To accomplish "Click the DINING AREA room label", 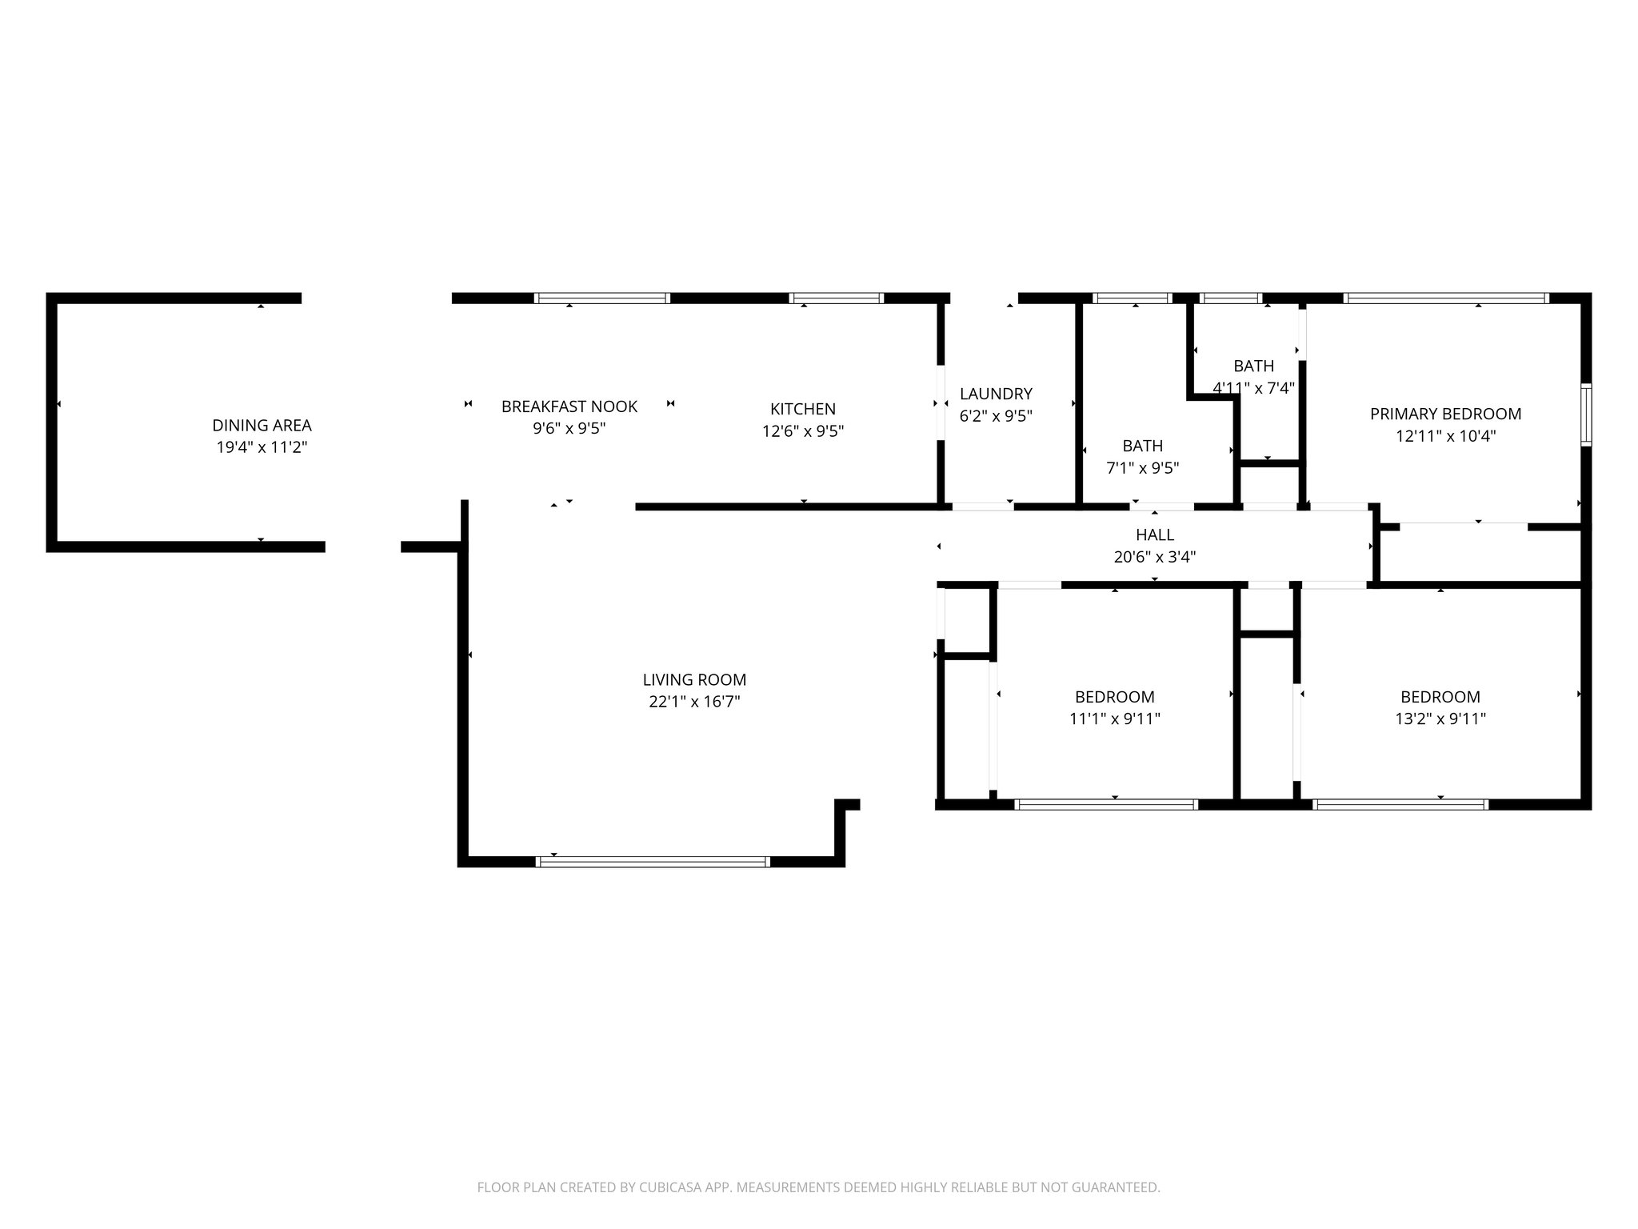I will click(262, 426).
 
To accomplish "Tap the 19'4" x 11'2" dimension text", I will click(262, 447).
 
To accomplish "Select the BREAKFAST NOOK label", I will click(569, 406).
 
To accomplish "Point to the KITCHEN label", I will click(802, 409).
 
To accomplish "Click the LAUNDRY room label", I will click(996, 394).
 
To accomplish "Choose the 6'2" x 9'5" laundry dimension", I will click(996, 416).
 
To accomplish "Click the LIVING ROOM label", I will click(694, 680).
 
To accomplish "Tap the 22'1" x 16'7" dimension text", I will click(694, 702).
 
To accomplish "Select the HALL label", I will click(1154, 534).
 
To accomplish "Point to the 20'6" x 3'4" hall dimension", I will click(1154, 557).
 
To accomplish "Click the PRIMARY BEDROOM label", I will click(1445, 414).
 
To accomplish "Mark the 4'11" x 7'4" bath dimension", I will click(1253, 388).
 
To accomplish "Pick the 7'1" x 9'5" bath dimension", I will click(1142, 468).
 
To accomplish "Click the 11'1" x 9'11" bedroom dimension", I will click(1114, 719).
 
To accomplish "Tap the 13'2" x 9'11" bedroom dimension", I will click(1440, 719).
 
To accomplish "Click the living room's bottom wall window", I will click(652, 862).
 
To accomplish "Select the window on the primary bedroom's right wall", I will click(1586, 414).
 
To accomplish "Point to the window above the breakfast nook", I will click(601, 298).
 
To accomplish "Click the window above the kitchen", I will click(836, 298).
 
